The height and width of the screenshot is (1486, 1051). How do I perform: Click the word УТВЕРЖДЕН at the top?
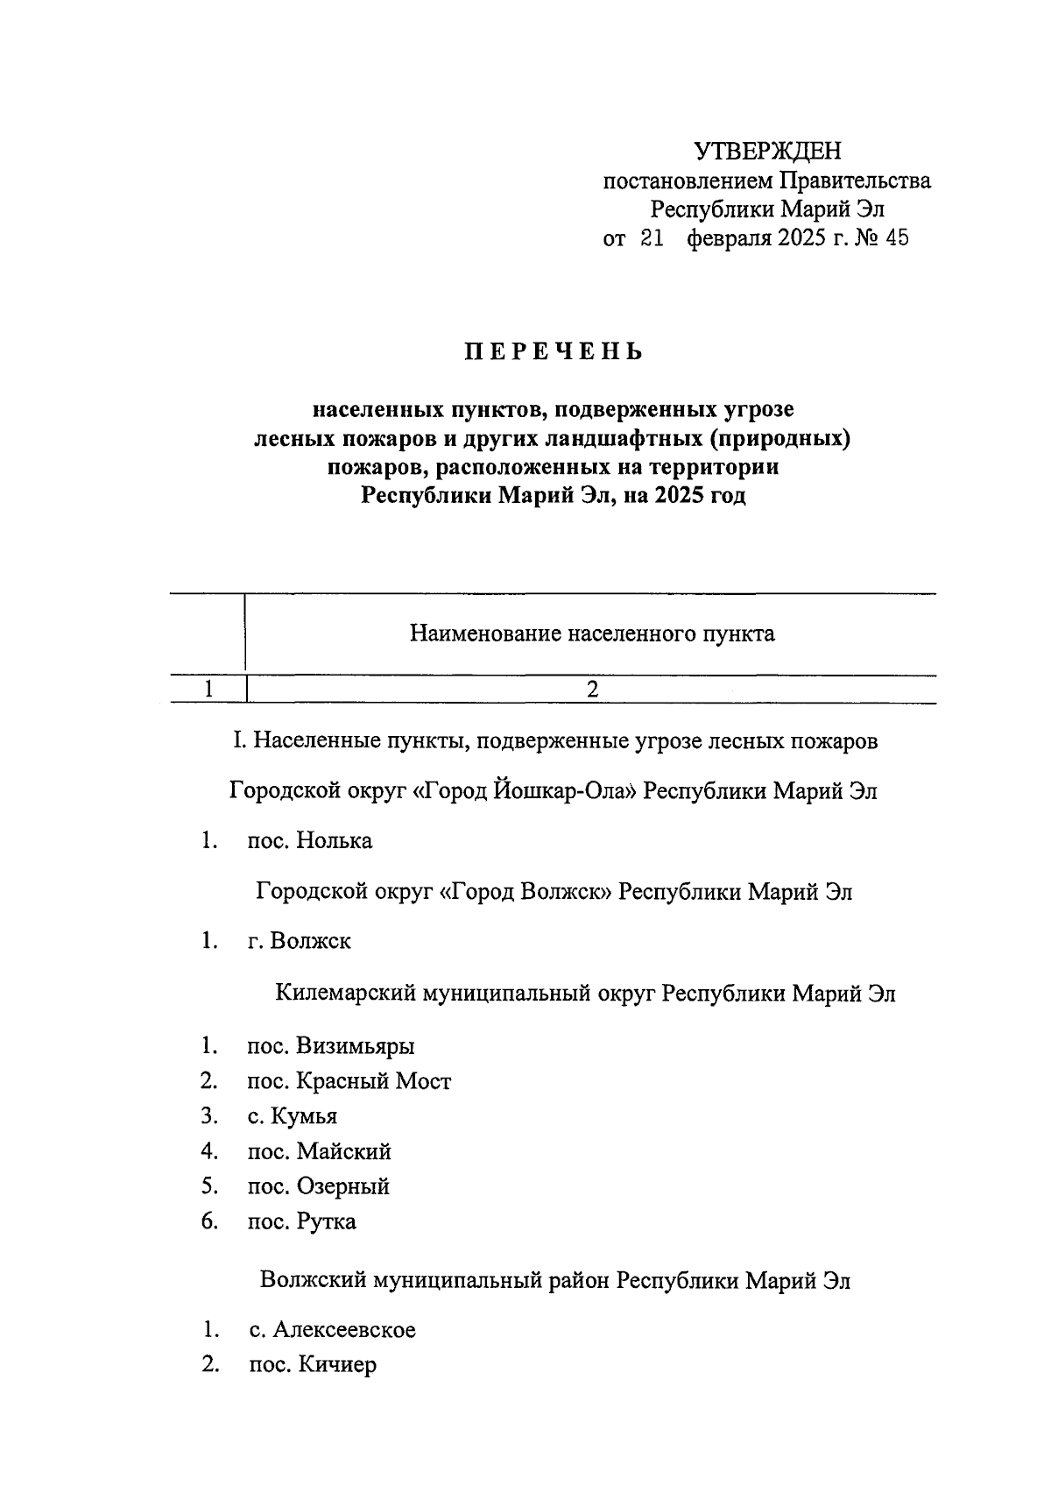pos(767,152)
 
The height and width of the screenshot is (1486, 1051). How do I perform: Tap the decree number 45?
pos(897,238)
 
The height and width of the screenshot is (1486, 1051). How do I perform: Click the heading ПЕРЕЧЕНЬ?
pos(554,352)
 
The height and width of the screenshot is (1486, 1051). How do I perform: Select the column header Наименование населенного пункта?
pos(592,633)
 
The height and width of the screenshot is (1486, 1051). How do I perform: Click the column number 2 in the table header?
pos(592,690)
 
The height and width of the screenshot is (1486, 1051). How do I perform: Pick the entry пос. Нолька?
pos(310,841)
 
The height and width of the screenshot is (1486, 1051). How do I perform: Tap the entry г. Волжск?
pos(300,942)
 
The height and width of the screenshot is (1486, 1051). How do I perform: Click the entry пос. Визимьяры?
pos(331,1046)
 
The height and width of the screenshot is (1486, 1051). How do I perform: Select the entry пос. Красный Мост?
pos(349,1081)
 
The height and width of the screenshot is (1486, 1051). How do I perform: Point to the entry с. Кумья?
pos(293,1116)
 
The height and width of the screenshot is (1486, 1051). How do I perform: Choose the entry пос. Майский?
pos(320,1151)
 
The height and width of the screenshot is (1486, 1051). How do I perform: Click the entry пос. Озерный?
pos(319,1186)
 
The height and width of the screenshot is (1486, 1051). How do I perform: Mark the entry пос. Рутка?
pos(302,1221)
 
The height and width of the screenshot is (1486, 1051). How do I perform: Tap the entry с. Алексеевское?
pos(332,1330)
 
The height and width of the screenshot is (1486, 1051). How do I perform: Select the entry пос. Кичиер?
pos(313,1365)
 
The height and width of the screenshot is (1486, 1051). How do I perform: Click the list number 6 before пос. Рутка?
pos(208,1221)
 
